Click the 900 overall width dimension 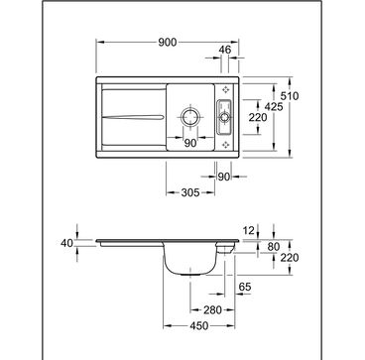[168, 43]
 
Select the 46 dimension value [224, 50]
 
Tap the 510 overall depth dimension [290, 96]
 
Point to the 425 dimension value [274, 106]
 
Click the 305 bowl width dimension [190, 192]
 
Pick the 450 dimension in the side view [199, 326]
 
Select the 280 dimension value [212, 310]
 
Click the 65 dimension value [245, 287]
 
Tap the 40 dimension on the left [66, 243]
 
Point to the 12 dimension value [250, 231]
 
